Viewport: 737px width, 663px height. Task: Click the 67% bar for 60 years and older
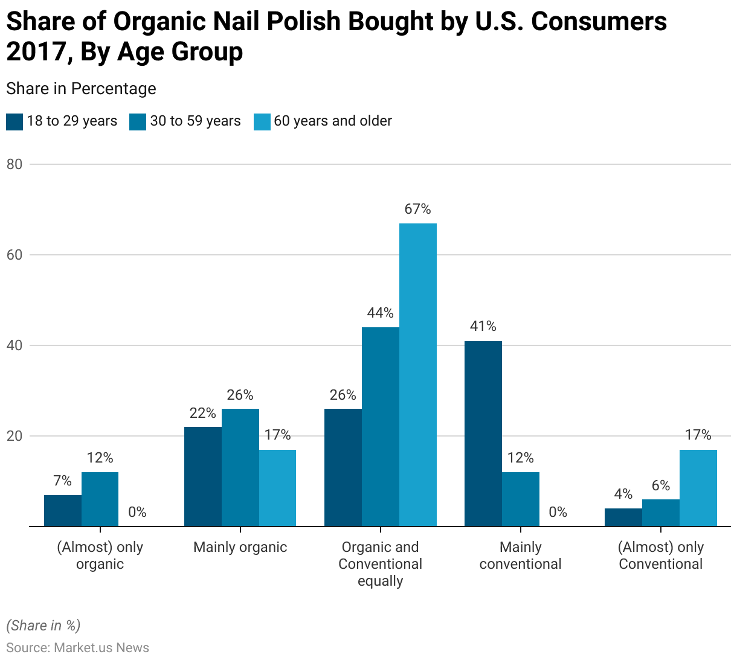[418, 374]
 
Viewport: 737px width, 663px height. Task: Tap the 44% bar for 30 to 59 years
[381, 426]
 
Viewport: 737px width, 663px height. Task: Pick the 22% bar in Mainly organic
[203, 476]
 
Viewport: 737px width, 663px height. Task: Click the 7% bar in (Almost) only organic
[63, 510]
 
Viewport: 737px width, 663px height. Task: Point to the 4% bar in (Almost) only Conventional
[623, 517]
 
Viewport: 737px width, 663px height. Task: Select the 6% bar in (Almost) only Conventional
[661, 513]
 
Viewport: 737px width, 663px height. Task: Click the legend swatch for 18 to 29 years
[14, 121]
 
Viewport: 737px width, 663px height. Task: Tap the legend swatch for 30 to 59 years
[138, 121]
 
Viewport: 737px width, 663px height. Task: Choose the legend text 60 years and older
[333, 121]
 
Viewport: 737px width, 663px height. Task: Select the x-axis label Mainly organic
[240, 547]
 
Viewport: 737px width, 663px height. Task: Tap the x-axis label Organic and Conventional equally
[381, 564]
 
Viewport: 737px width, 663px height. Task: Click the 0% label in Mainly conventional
[558, 512]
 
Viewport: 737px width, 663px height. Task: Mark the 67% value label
[418, 209]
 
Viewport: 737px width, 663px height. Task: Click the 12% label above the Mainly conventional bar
[521, 458]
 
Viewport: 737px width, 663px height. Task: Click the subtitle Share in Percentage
[81, 89]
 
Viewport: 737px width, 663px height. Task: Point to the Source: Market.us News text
[77, 648]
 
